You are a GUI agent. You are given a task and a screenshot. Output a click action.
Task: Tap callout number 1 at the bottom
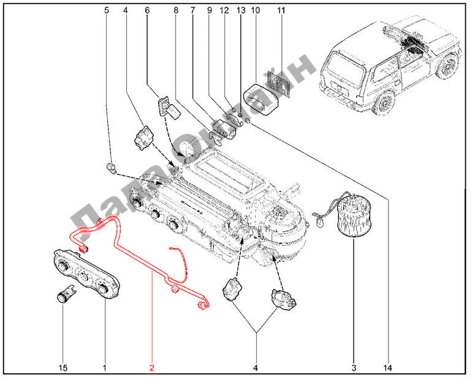point(104,367)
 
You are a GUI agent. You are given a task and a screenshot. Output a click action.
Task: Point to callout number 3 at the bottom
point(354,367)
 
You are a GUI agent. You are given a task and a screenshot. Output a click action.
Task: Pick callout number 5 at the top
point(107,10)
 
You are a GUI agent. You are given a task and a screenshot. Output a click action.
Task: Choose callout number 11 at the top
point(281,10)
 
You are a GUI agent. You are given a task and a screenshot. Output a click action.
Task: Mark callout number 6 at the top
point(147,10)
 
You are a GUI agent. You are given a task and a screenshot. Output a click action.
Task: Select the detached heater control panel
point(86,274)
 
